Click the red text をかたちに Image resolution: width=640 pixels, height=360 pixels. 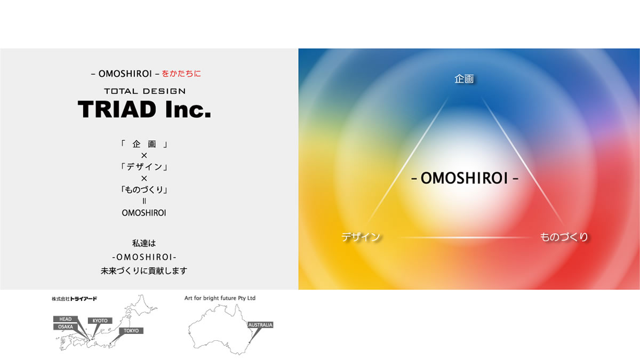point(181,74)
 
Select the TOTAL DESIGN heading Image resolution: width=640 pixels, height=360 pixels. point(145,91)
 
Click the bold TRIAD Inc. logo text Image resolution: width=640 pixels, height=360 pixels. point(145,109)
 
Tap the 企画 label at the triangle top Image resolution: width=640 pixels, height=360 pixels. point(464,79)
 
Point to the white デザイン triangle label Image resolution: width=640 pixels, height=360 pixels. point(361,237)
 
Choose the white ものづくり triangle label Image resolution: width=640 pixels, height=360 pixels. point(564,237)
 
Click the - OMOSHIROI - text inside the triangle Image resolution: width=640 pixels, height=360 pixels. point(465,178)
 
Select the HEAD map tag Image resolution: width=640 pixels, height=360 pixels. point(66,319)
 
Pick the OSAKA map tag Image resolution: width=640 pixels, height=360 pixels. point(66,327)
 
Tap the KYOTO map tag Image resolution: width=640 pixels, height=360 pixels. point(100,321)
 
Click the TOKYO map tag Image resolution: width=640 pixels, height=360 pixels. point(131,331)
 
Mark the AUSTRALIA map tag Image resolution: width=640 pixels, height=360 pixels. point(260,325)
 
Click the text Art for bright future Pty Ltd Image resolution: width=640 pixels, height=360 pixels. point(220,298)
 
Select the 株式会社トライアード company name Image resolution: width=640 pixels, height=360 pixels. point(74,299)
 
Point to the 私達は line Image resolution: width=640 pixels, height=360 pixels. point(144,243)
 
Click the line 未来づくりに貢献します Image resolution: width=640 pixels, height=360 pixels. point(144,270)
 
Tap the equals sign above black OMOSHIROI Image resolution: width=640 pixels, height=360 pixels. point(144,201)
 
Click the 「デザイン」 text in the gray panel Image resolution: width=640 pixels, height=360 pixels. point(144,167)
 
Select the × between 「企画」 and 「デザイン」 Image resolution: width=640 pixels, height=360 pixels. point(144,155)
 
